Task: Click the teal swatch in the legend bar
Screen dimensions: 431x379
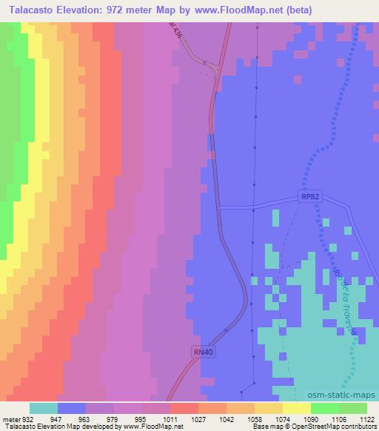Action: [44, 408]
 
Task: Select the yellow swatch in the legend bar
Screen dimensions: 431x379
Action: [296, 408]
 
